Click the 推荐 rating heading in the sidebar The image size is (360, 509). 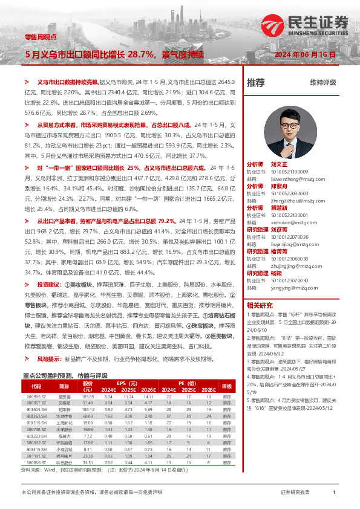click(256, 82)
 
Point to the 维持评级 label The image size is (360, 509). click(322, 82)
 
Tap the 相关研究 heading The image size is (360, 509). click(261, 305)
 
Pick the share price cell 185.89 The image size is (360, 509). click(88, 379)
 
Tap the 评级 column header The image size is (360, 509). click(227, 369)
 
